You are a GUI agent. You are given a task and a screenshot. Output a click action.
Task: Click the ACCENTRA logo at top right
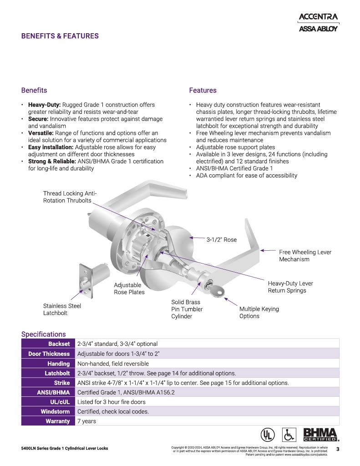(x=318, y=17)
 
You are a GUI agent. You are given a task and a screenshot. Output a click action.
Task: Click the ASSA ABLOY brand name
(x=318, y=29)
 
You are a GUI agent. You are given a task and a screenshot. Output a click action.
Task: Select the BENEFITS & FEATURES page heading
(x=60, y=36)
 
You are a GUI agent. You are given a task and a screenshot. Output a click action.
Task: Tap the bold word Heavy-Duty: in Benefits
(x=44, y=105)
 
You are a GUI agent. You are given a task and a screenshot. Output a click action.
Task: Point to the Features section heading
(x=203, y=90)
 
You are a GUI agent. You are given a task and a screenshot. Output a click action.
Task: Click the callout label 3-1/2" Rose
(x=222, y=240)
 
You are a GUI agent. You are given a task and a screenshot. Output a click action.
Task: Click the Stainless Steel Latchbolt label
(x=62, y=309)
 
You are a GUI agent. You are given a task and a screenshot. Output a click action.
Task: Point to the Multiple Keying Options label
(x=259, y=312)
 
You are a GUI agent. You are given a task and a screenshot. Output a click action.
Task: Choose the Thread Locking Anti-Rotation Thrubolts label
(x=70, y=197)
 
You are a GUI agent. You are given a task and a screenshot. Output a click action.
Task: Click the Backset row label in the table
(x=59, y=344)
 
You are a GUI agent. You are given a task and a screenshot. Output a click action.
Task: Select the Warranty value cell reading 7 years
(x=87, y=421)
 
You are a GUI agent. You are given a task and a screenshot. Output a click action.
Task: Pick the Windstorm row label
(x=55, y=411)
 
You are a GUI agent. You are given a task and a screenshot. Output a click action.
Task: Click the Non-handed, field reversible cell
(x=113, y=364)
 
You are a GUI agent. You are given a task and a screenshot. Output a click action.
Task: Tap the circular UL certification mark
(x=267, y=434)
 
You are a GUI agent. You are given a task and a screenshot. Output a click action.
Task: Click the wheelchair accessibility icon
(x=289, y=434)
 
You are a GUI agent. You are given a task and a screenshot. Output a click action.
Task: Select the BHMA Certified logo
(x=320, y=435)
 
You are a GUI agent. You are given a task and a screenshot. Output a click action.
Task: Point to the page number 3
(x=338, y=449)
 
